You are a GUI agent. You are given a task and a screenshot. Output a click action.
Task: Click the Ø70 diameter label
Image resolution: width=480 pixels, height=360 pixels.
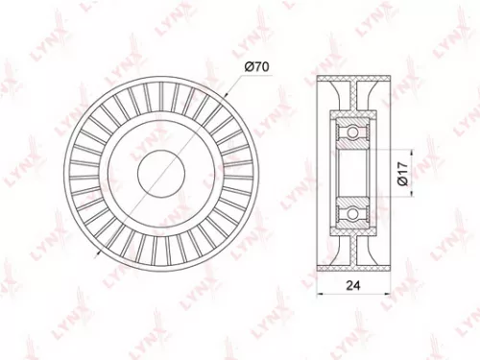256,65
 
